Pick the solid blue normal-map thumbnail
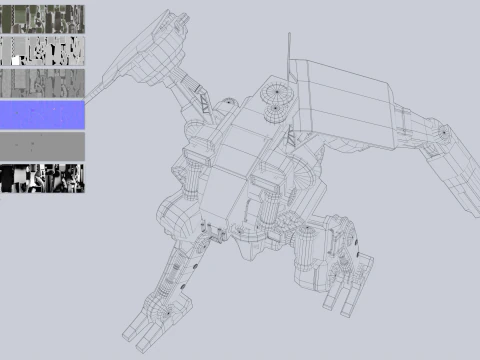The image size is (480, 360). click(x=43, y=114)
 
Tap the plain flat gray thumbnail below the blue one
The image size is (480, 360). click(x=43, y=146)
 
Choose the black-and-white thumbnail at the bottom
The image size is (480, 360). click(x=43, y=178)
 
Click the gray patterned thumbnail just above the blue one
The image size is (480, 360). click(x=43, y=83)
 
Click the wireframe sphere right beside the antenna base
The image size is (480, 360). click(x=277, y=95)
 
